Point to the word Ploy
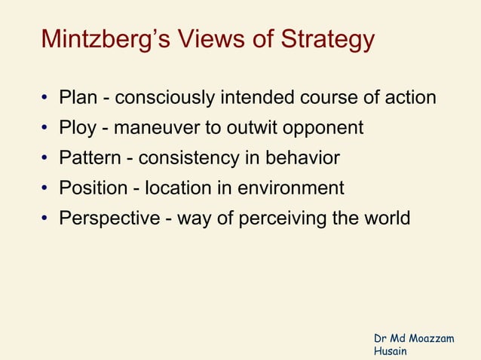point(78,129)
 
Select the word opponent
point(323,128)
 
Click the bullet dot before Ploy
point(45,129)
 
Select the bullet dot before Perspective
point(45,219)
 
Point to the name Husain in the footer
point(389,351)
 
